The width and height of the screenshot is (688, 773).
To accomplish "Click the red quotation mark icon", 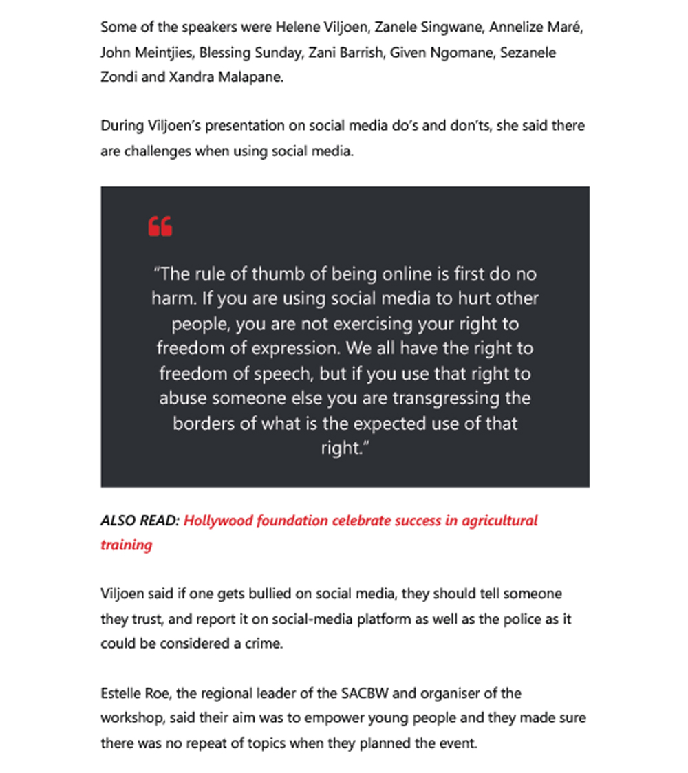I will click(x=160, y=226).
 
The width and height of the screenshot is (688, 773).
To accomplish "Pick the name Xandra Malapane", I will click(x=233, y=77).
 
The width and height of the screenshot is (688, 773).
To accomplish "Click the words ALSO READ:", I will click(x=140, y=521).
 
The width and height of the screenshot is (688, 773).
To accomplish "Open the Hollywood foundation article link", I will click(x=360, y=521).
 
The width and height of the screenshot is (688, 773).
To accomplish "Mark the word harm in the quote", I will click(x=169, y=299).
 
